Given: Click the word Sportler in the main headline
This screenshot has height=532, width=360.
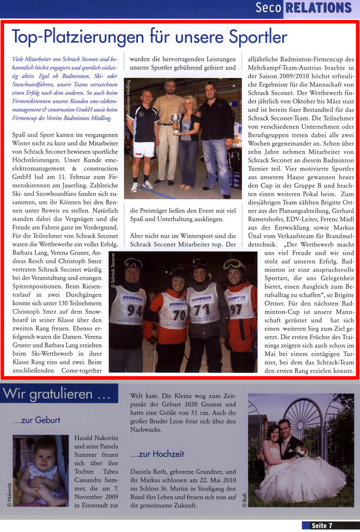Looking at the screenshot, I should pos(250,37).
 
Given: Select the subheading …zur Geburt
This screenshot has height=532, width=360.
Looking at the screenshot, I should pos(37,420).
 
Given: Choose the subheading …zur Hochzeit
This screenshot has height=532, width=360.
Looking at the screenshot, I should pos(157,454).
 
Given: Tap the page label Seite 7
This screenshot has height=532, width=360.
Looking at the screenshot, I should pos(322,525).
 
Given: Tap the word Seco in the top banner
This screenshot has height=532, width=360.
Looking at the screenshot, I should pos(269,8).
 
